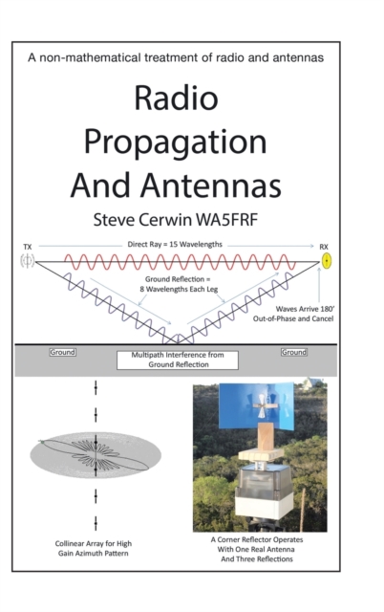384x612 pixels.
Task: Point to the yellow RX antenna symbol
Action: click(x=326, y=260)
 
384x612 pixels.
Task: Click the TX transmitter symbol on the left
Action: click(x=28, y=260)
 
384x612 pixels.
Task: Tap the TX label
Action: click(x=28, y=247)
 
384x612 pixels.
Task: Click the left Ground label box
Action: click(x=63, y=353)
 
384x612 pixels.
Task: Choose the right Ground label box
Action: click(x=293, y=353)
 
